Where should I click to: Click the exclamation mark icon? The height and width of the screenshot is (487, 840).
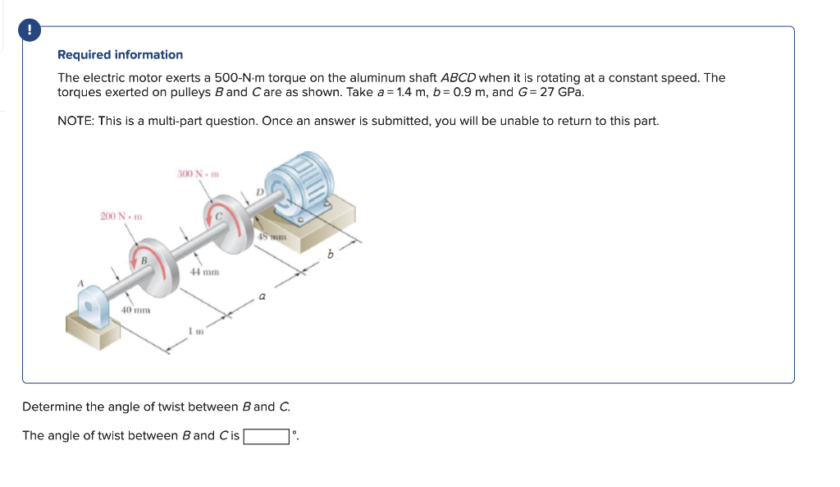click(x=30, y=30)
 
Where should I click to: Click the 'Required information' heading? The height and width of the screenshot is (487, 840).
click(x=120, y=55)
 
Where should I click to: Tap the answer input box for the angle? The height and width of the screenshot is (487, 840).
click(x=267, y=436)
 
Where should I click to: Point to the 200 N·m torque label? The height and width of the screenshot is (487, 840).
click(x=121, y=217)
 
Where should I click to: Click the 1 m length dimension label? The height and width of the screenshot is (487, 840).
click(x=194, y=331)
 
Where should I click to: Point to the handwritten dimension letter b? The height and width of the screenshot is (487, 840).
click(x=331, y=255)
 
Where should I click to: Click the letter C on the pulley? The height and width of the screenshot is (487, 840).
click(x=218, y=216)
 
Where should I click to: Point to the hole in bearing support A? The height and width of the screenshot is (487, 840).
click(x=90, y=306)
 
